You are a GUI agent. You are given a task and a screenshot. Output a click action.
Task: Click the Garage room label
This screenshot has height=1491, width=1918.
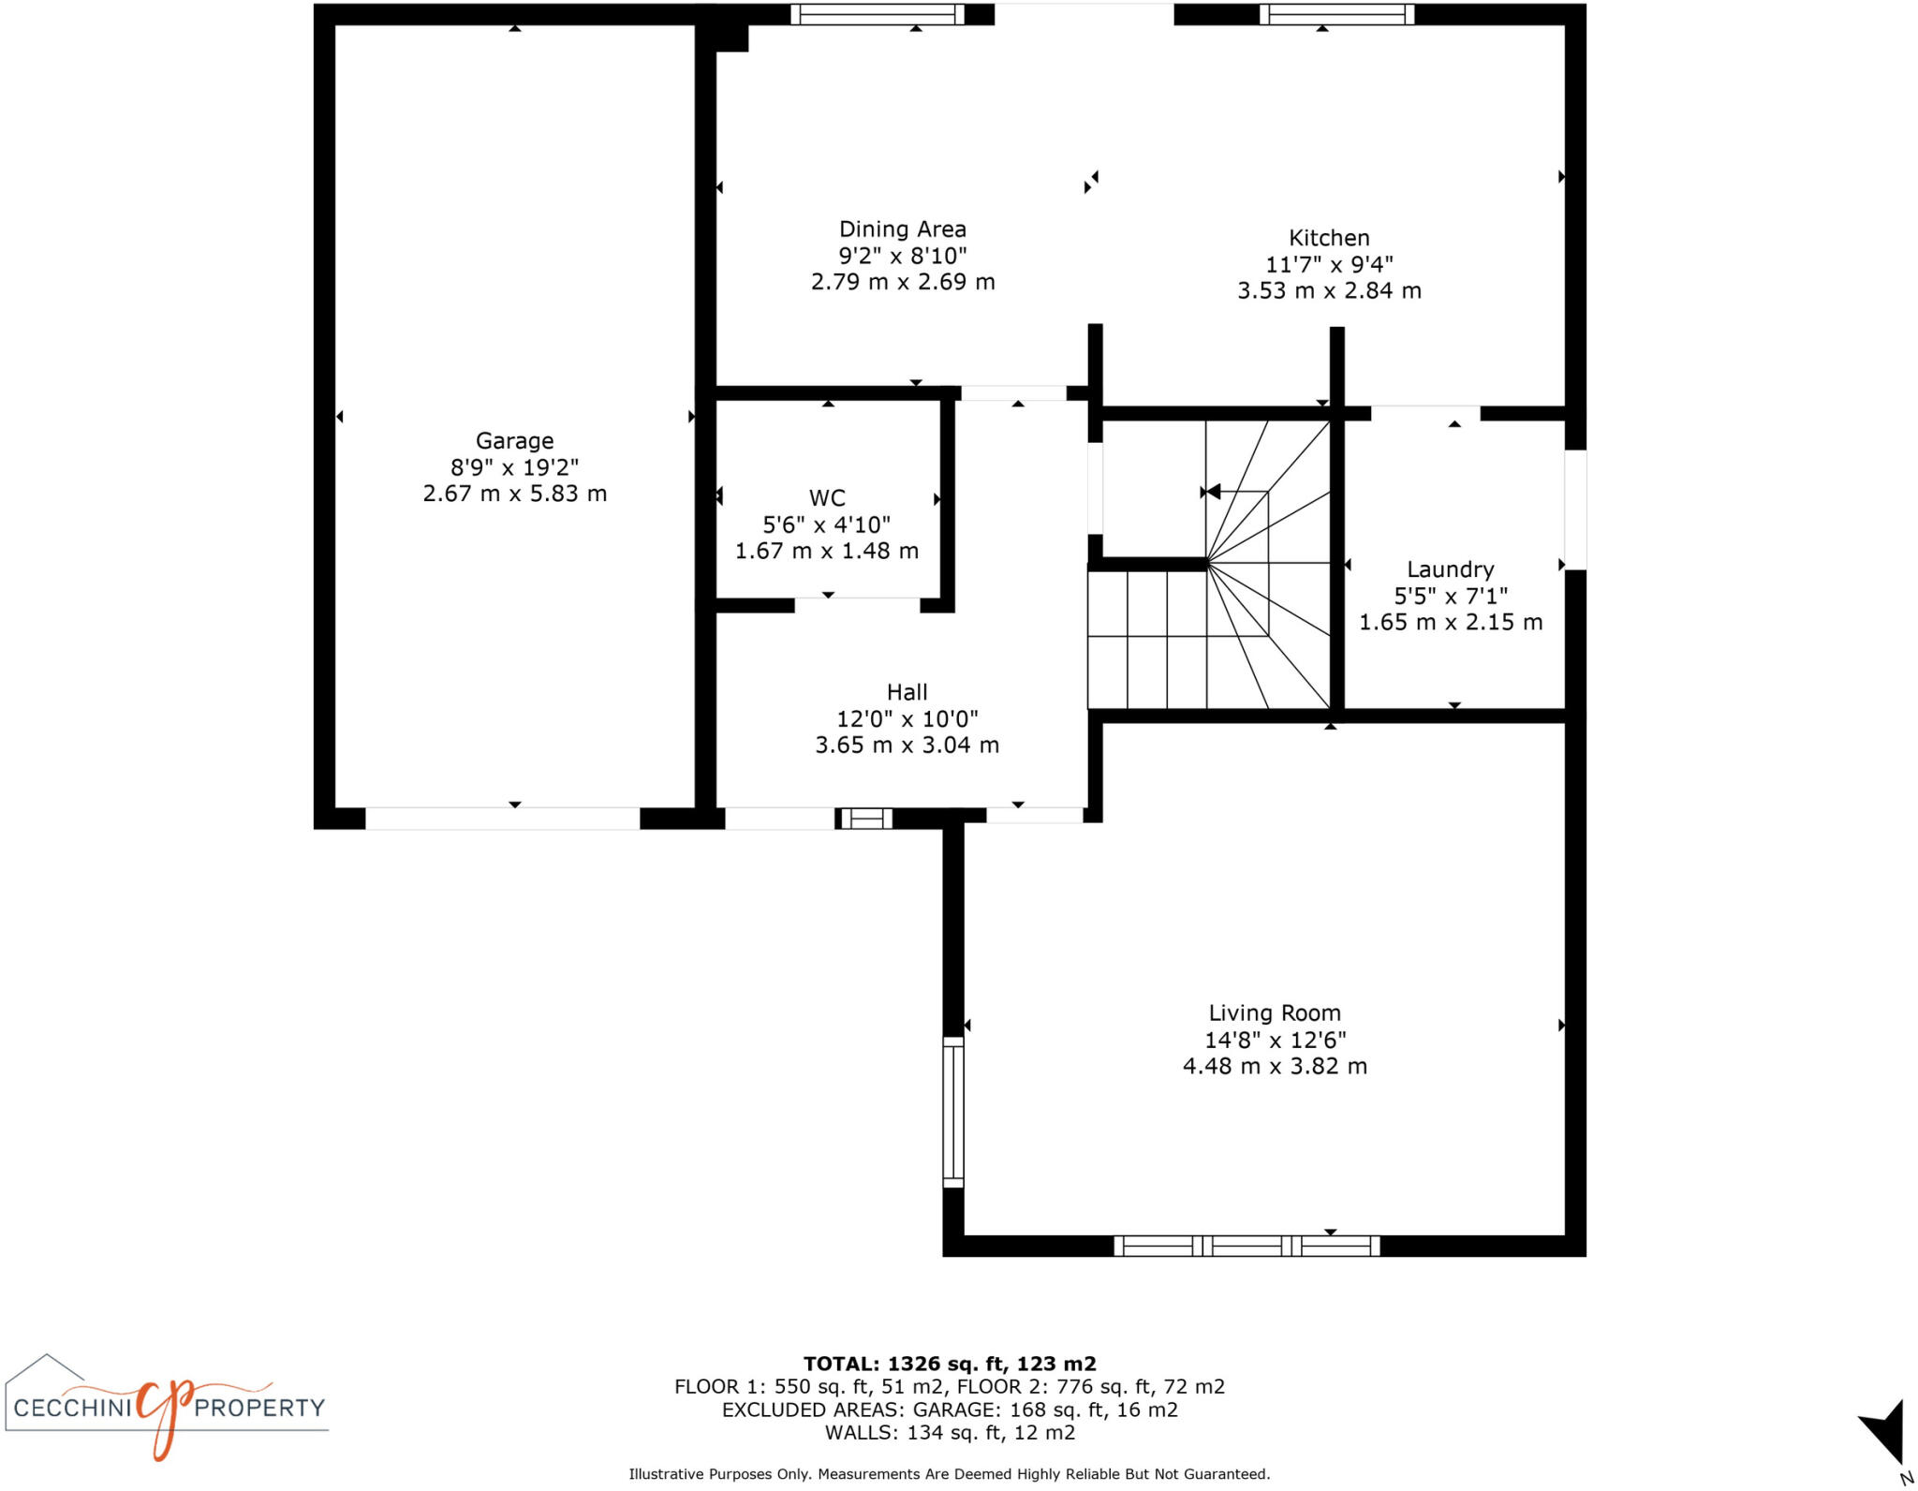(514, 440)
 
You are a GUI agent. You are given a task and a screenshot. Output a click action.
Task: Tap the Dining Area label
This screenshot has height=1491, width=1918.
(902, 229)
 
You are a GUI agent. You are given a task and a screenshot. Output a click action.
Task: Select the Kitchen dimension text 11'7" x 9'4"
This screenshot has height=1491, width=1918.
(1329, 264)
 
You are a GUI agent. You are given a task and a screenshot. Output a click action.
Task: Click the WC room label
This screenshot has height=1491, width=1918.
(827, 498)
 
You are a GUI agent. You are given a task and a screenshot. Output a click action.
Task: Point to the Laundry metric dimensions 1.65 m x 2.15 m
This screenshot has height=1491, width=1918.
(1450, 622)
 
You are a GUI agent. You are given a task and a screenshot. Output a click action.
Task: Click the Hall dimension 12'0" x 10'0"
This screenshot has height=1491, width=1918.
(907, 718)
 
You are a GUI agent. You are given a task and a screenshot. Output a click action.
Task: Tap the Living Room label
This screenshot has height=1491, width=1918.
(1275, 1012)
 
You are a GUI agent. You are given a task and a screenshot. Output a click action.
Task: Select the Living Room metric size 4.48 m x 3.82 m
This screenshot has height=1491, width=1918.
(1275, 1066)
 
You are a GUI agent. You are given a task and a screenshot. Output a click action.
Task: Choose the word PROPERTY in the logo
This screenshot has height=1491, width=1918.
(259, 1408)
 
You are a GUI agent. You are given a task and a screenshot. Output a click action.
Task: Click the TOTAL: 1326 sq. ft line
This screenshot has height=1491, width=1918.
(949, 1364)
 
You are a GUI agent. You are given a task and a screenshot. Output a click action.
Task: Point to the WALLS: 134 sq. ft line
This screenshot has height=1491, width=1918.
(949, 1432)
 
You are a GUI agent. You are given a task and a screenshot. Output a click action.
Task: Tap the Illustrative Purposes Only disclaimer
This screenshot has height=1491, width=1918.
(949, 1474)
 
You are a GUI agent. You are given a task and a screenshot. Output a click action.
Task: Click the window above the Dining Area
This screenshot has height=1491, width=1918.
(878, 14)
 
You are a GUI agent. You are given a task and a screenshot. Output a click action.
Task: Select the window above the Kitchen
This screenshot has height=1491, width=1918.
(1336, 14)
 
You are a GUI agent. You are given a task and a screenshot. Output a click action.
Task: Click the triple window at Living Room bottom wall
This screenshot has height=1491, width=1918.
(1247, 1246)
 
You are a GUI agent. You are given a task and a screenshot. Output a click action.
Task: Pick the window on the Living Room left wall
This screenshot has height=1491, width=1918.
(952, 1112)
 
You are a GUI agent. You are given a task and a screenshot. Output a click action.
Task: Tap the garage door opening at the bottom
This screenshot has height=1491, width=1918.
(502, 819)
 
